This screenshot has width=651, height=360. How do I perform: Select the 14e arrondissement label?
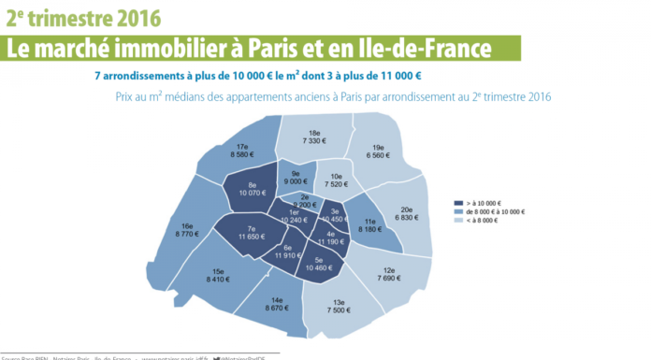278,302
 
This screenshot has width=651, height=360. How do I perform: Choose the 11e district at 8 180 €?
371,223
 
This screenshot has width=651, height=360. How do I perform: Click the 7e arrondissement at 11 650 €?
252,234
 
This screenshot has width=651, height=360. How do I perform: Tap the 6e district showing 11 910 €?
287,252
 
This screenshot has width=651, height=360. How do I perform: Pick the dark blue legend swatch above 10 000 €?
458,202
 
